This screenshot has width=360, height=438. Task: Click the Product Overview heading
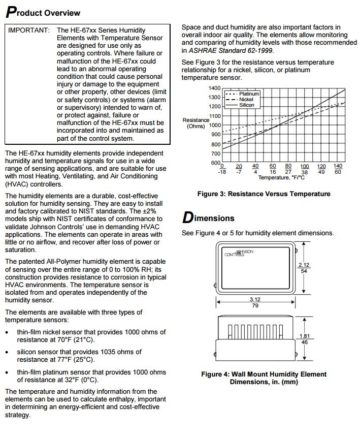tap(43, 12)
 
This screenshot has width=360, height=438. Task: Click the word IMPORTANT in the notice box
tap(29, 30)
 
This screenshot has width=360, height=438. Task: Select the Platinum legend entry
tap(249, 94)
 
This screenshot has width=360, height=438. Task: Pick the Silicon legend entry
tap(247, 105)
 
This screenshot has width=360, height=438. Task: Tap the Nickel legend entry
tap(246, 100)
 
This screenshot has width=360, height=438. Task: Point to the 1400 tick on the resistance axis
tap(214, 88)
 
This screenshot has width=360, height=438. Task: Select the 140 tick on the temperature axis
tap(338, 166)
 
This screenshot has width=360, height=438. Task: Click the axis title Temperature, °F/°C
tap(281, 178)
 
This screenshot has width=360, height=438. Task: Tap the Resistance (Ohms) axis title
tap(195, 123)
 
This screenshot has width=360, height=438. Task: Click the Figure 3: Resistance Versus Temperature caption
tap(264, 194)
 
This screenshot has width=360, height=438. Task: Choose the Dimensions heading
tap(208, 218)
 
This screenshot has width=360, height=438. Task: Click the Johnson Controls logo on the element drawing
tap(239, 253)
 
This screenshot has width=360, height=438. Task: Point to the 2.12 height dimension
tap(304, 268)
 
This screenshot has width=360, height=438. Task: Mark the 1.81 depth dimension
tap(304, 339)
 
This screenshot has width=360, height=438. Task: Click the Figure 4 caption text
tap(264, 378)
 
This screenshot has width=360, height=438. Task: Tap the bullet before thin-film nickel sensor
tap(8, 332)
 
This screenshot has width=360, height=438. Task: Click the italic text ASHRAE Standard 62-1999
tap(232, 50)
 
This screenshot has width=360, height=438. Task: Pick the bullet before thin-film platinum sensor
tap(8, 372)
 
